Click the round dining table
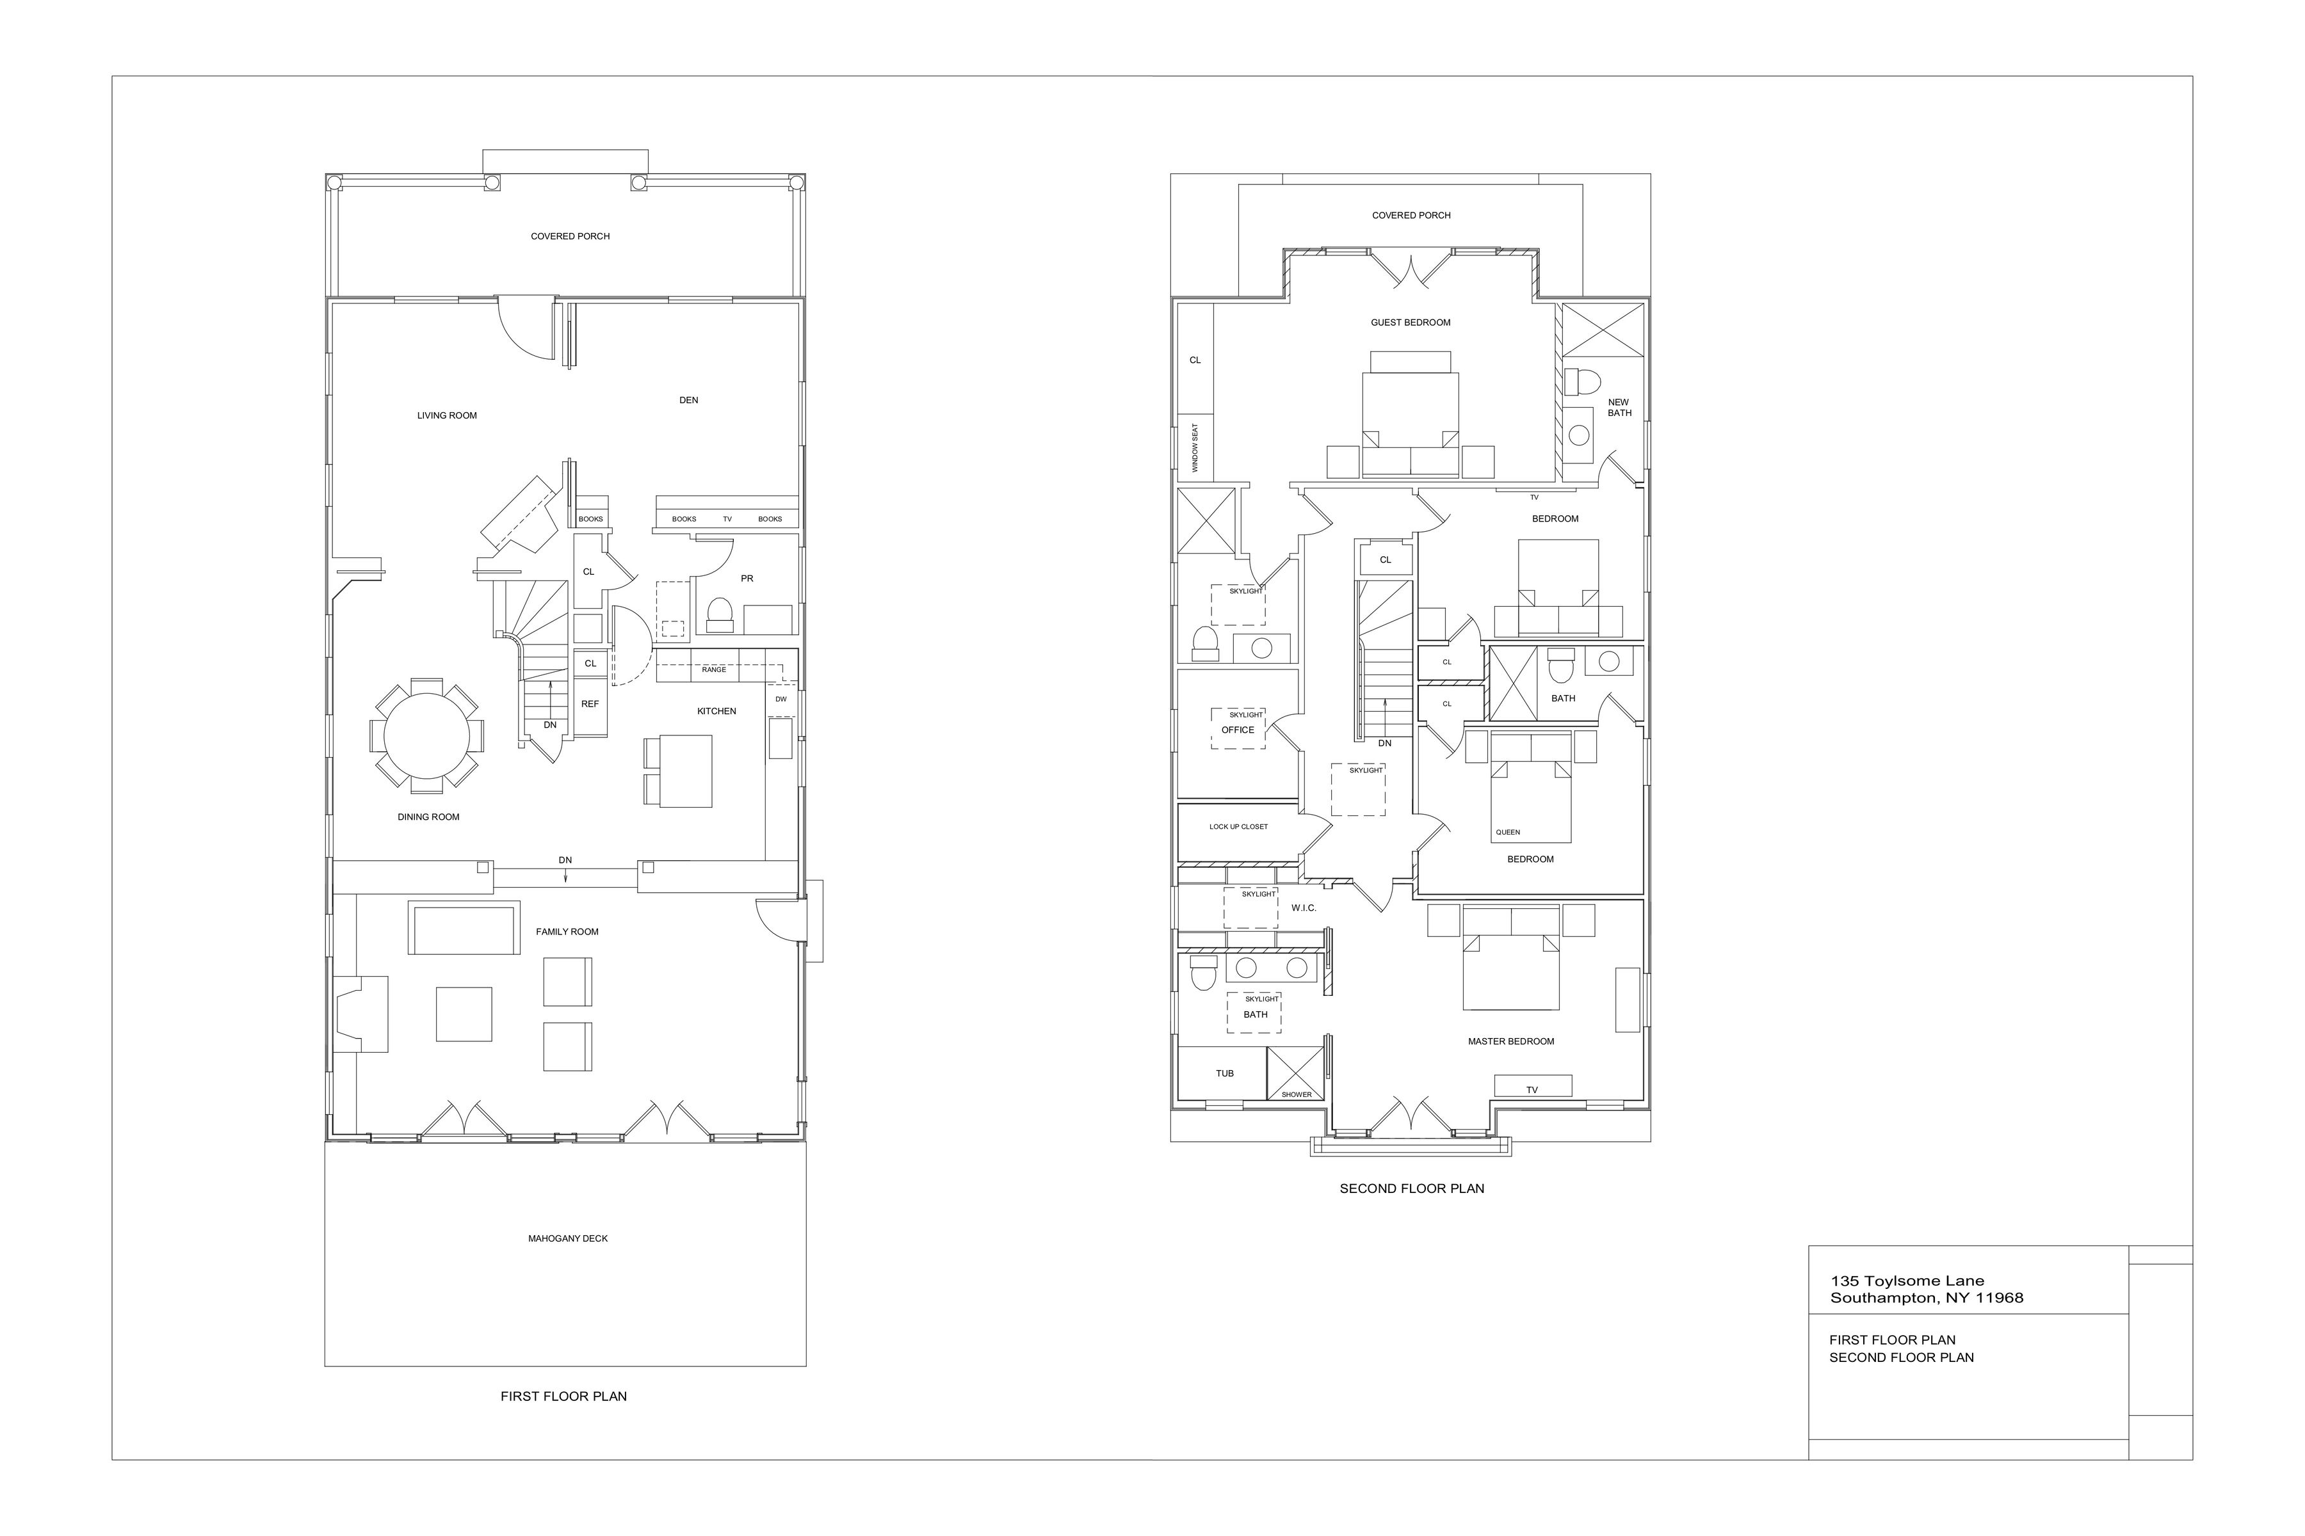point(426,735)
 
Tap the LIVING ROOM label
point(447,415)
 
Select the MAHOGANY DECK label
point(567,1238)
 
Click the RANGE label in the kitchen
point(713,670)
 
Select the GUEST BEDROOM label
point(1411,323)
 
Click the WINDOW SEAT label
point(1195,447)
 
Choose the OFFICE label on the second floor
point(1238,730)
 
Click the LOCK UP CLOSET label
point(1239,827)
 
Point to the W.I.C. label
point(1304,908)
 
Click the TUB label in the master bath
point(1225,1074)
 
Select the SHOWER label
point(1297,1094)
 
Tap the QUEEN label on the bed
point(1508,833)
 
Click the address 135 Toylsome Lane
point(1907,1281)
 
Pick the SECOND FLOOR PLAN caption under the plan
point(1412,1188)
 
